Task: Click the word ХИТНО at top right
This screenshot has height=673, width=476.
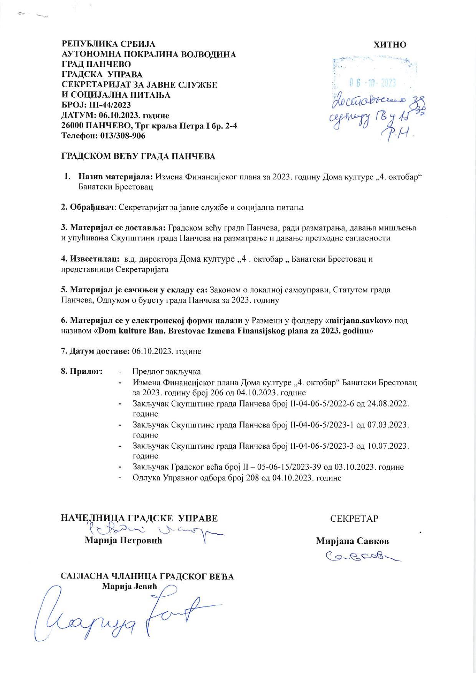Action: pyautogui.click(x=390, y=45)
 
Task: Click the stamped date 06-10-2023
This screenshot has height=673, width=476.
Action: pyautogui.click(x=372, y=83)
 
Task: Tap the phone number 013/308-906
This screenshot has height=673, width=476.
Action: pyautogui.click(x=123, y=136)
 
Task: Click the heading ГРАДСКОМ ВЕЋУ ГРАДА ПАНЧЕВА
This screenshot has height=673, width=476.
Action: pyautogui.click(x=138, y=156)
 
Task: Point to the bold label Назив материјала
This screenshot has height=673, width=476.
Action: pyautogui.click(x=116, y=177)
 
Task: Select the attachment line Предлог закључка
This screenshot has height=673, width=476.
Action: pyautogui.click(x=167, y=372)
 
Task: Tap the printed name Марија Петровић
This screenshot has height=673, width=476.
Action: pyautogui.click(x=123, y=541)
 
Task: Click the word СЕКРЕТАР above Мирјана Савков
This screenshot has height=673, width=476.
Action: pyautogui.click(x=354, y=519)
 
